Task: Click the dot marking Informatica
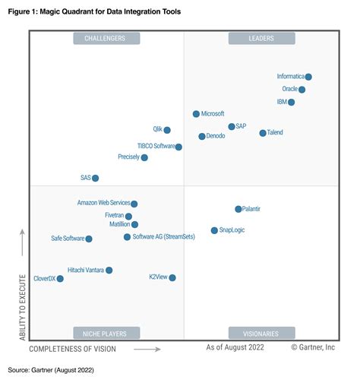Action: point(308,77)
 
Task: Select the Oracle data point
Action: point(302,90)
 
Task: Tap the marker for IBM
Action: point(292,102)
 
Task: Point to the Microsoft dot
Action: point(196,114)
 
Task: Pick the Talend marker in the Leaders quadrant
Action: point(263,133)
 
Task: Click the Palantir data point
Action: point(238,209)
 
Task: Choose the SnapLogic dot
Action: point(214,230)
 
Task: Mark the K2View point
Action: point(172,278)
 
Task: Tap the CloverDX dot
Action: point(60,279)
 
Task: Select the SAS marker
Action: point(96,178)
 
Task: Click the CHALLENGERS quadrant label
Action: point(106,38)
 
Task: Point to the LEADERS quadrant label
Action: point(261,38)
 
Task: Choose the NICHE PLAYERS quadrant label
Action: point(106,333)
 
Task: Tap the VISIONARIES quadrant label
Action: point(261,333)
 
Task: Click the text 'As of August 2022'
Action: point(235,347)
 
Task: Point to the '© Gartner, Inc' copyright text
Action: point(313,347)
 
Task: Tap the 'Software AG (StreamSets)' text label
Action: point(164,237)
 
